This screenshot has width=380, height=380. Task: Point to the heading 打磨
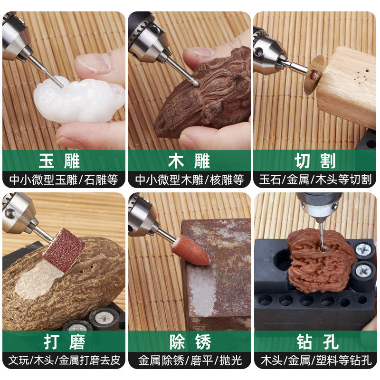[64, 342]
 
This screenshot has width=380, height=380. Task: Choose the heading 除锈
[190, 342]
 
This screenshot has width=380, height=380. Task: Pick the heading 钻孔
[315, 342]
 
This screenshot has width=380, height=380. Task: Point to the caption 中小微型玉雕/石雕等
[64, 180]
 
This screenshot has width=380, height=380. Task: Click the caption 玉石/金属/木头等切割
[315, 180]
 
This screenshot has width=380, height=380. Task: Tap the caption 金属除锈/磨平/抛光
[190, 360]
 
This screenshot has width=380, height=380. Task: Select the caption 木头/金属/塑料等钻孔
[315, 360]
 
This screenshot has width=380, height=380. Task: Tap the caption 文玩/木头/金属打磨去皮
[64, 360]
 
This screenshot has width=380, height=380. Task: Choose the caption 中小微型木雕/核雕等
[190, 180]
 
